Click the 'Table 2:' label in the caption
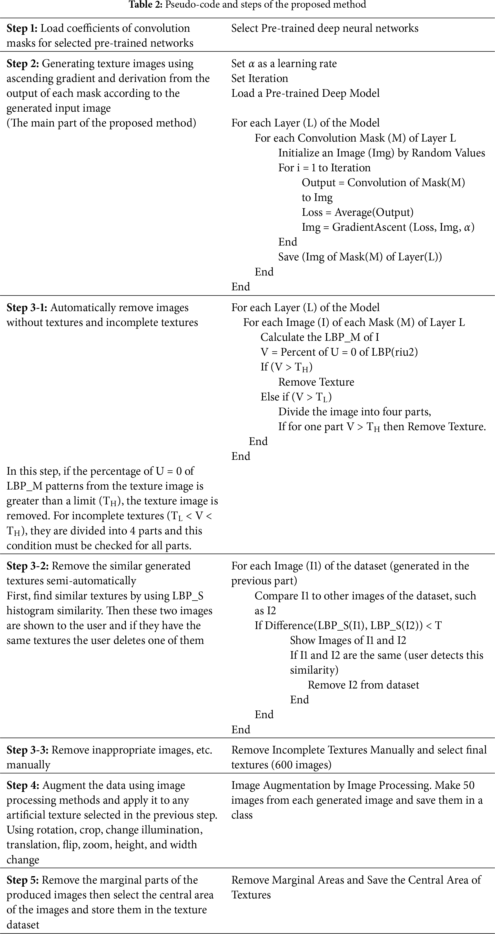[146, 5]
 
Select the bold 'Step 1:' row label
[22, 28]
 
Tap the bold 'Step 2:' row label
[23, 64]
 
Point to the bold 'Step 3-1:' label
[27, 308]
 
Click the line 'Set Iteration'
[259, 79]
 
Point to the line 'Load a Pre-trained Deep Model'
[305, 93]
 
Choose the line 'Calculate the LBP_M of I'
[319, 337]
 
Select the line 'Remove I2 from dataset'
[363, 685]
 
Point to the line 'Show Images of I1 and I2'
[348, 640]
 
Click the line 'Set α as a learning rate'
[284, 64]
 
